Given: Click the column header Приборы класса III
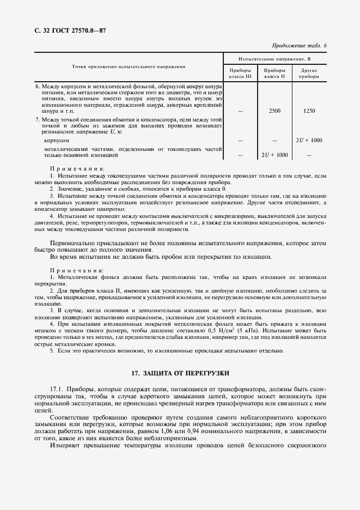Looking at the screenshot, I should (241, 74).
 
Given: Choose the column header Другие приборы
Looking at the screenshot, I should (308, 74).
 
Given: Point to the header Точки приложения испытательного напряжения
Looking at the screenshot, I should (129, 66).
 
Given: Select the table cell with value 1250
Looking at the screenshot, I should (308, 111).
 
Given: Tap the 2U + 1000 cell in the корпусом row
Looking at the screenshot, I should (308, 141).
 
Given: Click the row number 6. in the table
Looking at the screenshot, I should (38, 87).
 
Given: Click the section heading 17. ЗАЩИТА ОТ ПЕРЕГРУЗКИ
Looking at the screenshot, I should (180, 373).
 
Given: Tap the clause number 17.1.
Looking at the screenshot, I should (57, 390).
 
